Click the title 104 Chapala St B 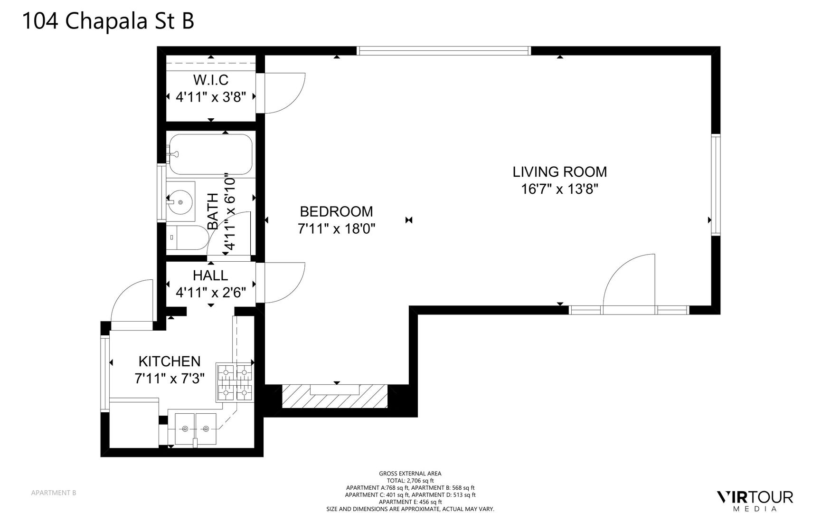tap(108, 21)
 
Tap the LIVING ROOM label tap(559, 171)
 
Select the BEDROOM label tap(336, 211)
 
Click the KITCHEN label tap(170, 361)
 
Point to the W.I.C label tap(211, 79)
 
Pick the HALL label tap(210, 275)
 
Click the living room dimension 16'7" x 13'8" tap(559, 189)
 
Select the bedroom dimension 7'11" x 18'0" tap(336, 229)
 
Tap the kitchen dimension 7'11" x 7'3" tap(170, 379)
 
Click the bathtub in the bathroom tap(210, 154)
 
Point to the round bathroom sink tap(180, 201)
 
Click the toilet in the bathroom tap(188, 237)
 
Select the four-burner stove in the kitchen tap(235, 381)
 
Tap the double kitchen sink tap(196, 429)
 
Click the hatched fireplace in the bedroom tap(335, 396)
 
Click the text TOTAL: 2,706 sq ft tap(410, 481)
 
